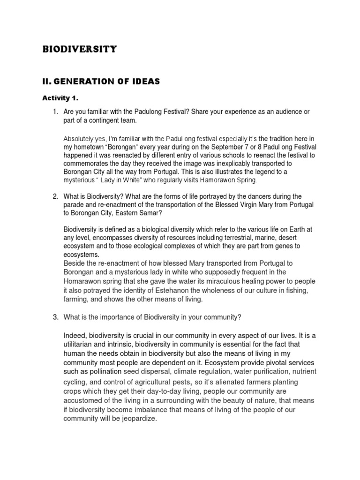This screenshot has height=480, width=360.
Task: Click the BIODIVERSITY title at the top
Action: tap(80, 49)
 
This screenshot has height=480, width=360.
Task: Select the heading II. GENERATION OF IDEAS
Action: tap(101, 82)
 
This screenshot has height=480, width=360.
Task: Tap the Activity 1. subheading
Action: tap(61, 98)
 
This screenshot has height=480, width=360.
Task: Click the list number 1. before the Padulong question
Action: tap(55, 112)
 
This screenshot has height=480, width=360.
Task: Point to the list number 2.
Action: tap(55, 196)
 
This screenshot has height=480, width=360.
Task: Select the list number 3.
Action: tap(55, 317)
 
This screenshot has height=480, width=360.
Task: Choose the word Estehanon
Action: tap(163, 290)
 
